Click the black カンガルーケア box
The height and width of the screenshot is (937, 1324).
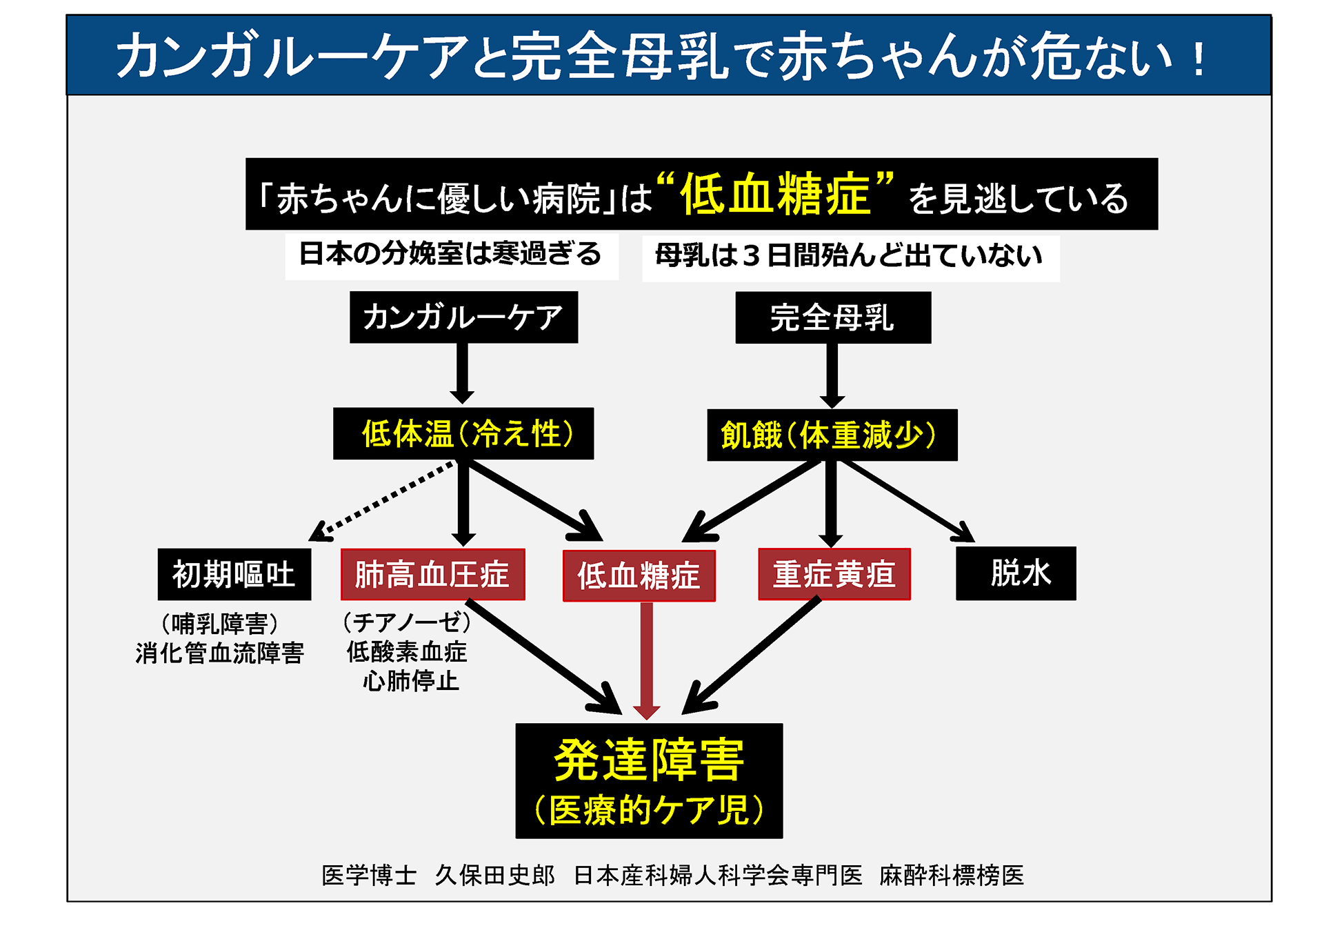pyautogui.click(x=463, y=317)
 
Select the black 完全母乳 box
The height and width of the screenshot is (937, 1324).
pyautogui.click(x=833, y=318)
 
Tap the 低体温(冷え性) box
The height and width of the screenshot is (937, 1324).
pyautogui.click(x=463, y=434)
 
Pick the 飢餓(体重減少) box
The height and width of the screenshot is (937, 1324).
pyautogui.click(x=832, y=435)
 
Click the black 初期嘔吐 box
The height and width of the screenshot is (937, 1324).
pyautogui.click(x=234, y=574)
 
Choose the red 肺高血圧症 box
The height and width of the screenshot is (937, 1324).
pyautogui.click(x=433, y=574)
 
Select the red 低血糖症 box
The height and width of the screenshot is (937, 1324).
pyautogui.click(x=639, y=575)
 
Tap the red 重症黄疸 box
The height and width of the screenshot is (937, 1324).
pyautogui.click(x=834, y=574)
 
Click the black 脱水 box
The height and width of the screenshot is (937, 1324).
pyautogui.click(x=1016, y=573)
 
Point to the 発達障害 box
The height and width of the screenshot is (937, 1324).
pyautogui.click(x=649, y=780)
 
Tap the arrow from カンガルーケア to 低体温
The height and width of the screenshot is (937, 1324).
pyautogui.click(x=462, y=373)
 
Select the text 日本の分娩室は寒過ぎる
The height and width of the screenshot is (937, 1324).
pyautogui.click(x=451, y=255)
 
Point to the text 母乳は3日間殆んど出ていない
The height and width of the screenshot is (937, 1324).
pyautogui.click(x=849, y=256)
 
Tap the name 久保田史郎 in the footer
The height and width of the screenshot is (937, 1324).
pyautogui.click(x=494, y=875)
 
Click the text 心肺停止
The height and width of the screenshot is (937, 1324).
pyautogui.click(x=411, y=681)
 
